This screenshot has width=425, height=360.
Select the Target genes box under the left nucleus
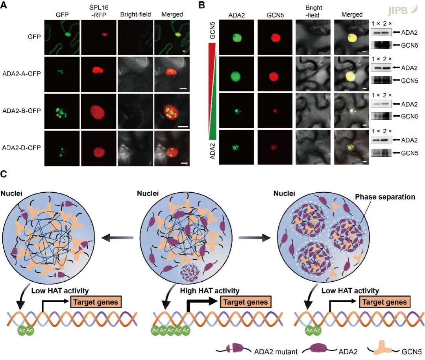coord(96,302)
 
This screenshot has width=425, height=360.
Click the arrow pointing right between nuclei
coord(252,238)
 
